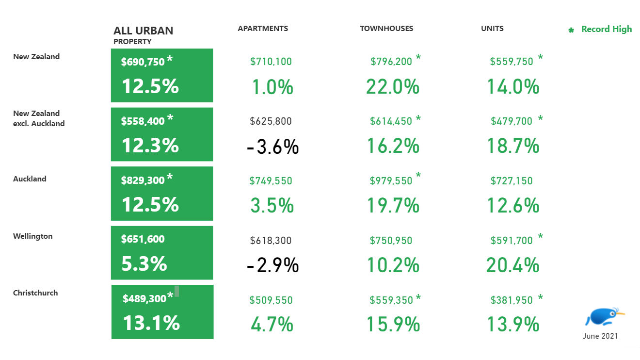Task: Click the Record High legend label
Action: tap(606, 29)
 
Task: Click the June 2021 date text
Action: tap(600, 336)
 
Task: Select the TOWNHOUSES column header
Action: tap(386, 29)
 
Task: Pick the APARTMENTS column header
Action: tap(263, 29)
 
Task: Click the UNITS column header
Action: tap(492, 29)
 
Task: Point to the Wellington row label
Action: tap(33, 236)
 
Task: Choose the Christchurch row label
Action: tap(35, 293)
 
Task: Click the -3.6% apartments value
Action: tap(272, 147)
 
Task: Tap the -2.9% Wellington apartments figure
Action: tap(272, 265)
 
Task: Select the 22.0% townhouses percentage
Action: tap(392, 87)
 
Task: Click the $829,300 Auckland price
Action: tap(143, 180)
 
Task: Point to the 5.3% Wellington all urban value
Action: tap(144, 264)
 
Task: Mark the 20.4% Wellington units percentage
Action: tap(513, 265)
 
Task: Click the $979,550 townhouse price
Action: tap(391, 181)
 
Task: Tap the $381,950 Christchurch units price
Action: tap(512, 300)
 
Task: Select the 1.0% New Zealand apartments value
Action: tap(272, 87)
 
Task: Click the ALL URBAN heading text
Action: tap(143, 31)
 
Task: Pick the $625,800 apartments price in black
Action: tap(271, 121)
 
